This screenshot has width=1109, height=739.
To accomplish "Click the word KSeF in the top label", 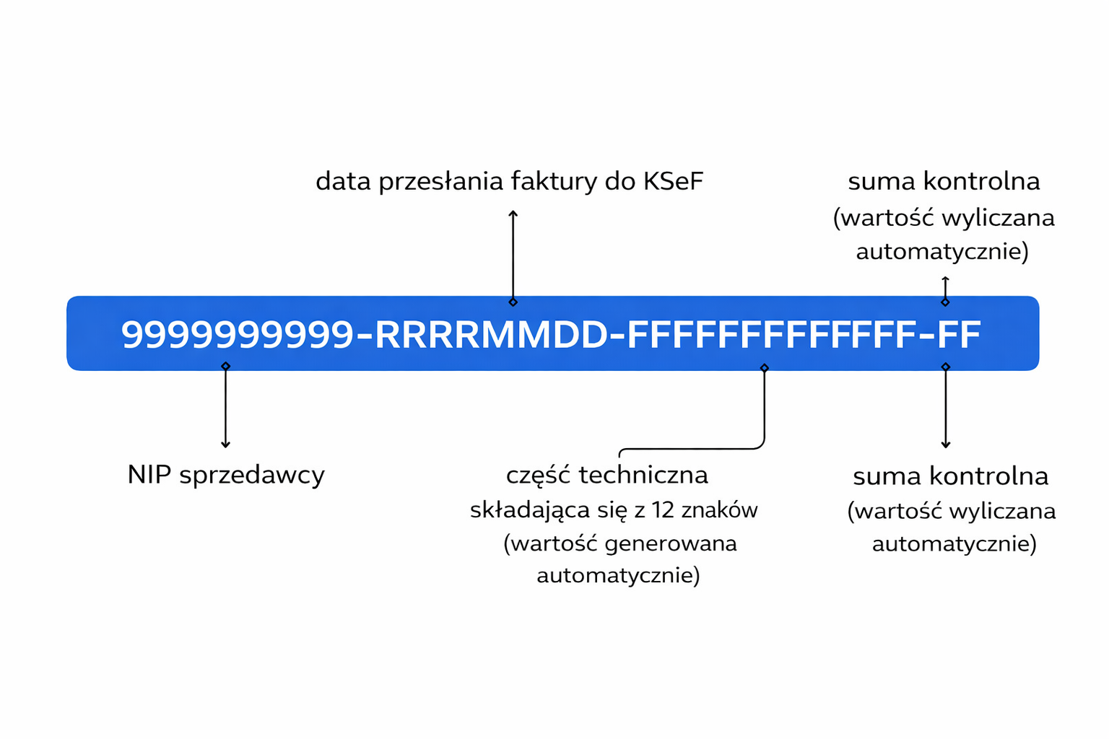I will pyautogui.click(x=672, y=181).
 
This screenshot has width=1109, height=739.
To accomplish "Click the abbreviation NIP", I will pyautogui.click(x=149, y=475).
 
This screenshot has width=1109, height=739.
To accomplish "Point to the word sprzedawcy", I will pyautogui.click(x=252, y=476).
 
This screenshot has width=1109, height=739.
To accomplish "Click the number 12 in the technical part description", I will pyautogui.click(x=664, y=510).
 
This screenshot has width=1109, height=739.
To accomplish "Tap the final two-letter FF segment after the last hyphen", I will pyautogui.click(x=960, y=335).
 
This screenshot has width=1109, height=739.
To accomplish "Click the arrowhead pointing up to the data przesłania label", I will pyautogui.click(x=513, y=213).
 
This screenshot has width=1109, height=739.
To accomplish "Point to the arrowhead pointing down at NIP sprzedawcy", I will pyautogui.click(x=225, y=445).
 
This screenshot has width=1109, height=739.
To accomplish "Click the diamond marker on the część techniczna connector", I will pyautogui.click(x=764, y=368).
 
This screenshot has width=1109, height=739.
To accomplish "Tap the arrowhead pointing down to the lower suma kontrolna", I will pyautogui.click(x=945, y=445).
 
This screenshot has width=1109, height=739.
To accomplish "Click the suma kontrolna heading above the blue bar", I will pyautogui.click(x=944, y=181).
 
